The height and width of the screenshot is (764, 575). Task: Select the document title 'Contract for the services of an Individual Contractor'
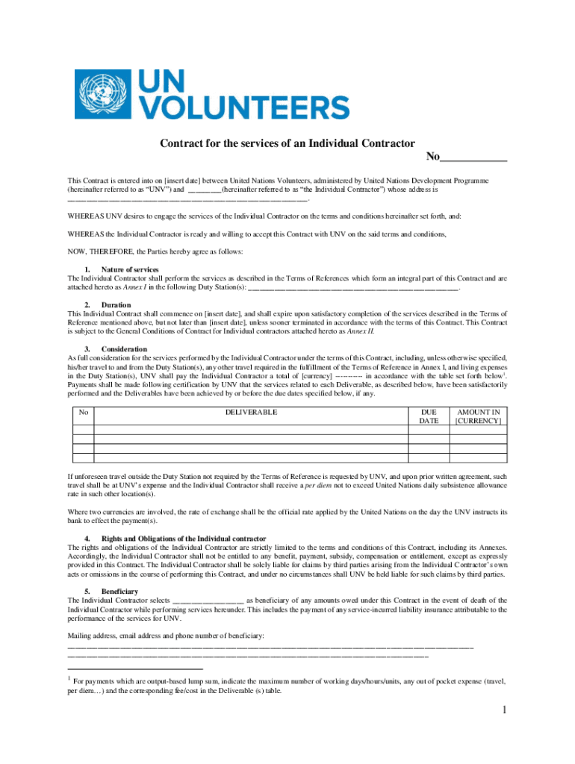[287, 143]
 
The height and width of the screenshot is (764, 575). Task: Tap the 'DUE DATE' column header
[429, 416]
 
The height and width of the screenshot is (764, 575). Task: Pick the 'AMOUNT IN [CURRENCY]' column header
[478, 416]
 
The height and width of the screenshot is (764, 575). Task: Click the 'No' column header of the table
[84, 412]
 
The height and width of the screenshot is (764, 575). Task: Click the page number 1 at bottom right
[505, 710]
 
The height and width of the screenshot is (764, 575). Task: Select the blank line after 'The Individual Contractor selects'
[208, 601]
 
